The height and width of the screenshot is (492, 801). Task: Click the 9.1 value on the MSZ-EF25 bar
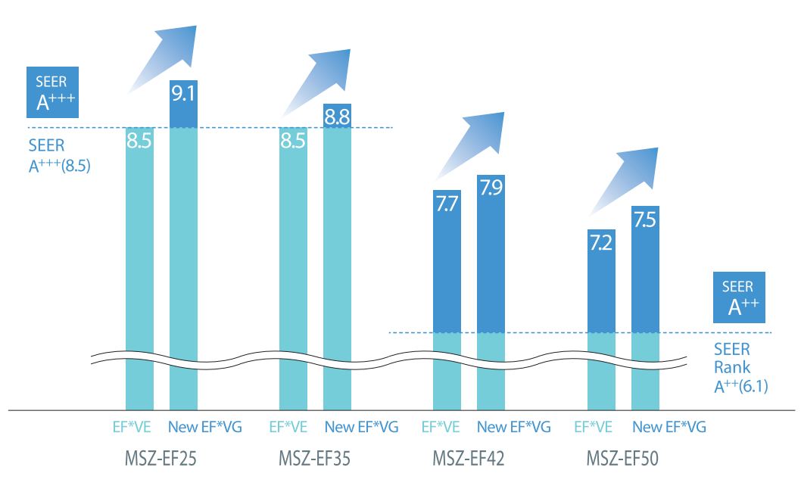(x=183, y=93)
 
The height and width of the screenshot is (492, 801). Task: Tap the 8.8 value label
(x=337, y=117)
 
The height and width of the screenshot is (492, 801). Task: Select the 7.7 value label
(x=447, y=204)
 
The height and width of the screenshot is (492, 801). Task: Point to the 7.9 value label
(x=491, y=188)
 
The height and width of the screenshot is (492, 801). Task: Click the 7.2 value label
(x=601, y=242)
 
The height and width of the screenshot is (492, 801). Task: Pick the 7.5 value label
(x=645, y=220)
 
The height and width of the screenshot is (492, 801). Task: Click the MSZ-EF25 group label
(x=161, y=458)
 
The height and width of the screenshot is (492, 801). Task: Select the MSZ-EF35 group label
(x=314, y=458)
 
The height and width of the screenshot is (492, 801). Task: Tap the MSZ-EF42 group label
(x=469, y=458)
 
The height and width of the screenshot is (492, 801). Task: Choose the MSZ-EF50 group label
(x=622, y=458)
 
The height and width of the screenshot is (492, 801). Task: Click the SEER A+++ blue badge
(x=52, y=92)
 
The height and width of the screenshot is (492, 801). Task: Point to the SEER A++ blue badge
(x=739, y=297)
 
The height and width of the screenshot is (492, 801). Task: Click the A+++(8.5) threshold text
(x=59, y=166)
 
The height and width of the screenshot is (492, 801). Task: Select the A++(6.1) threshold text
(x=740, y=386)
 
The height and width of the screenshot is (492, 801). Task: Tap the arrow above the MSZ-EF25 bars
(x=163, y=59)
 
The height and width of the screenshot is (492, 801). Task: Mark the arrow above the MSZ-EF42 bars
(x=470, y=145)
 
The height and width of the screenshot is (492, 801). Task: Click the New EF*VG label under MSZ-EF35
(x=362, y=427)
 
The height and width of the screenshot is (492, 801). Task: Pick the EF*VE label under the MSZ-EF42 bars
(x=441, y=427)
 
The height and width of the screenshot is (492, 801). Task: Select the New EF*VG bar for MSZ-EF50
(x=645, y=307)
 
